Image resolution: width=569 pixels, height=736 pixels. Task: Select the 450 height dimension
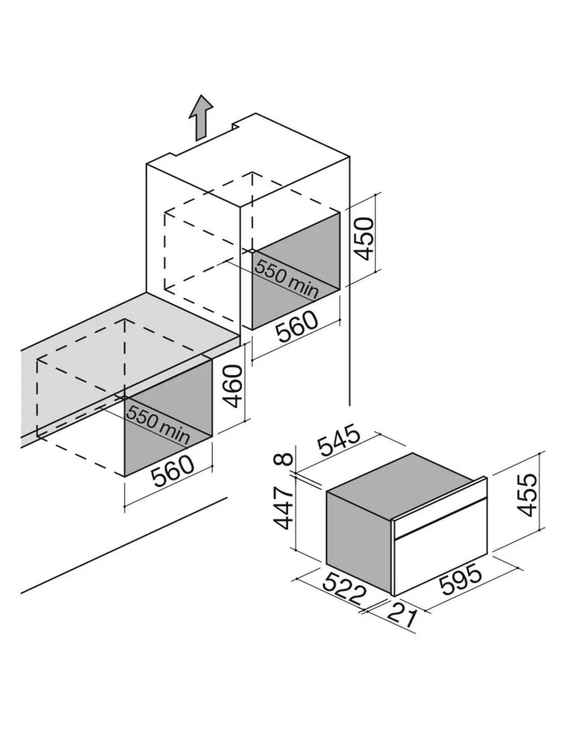[363, 239]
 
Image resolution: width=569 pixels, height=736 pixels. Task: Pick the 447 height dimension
[283, 508]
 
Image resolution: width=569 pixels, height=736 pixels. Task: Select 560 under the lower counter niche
[173, 470]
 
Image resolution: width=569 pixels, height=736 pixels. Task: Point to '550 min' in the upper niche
[287, 279]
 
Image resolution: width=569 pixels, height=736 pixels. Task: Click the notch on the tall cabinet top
[235, 125]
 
